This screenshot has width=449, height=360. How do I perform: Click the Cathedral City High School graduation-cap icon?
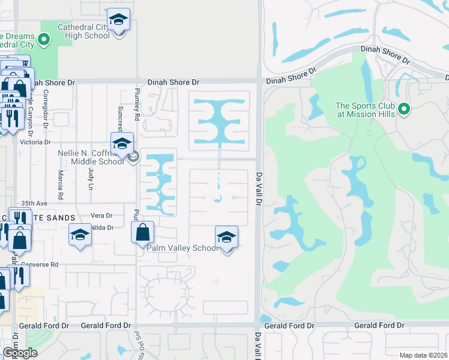[119, 20]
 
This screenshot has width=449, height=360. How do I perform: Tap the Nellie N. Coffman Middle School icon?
[122, 143]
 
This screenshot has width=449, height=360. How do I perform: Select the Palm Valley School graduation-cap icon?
[226, 236]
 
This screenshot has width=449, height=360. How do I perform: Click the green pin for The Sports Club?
[404, 109]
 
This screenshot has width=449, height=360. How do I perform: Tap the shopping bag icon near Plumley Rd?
[143, 232]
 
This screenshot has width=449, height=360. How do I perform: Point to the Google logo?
[20, 352]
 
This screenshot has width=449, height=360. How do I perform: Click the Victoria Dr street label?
[35, 142]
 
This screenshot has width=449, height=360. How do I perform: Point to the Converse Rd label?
[40, 264]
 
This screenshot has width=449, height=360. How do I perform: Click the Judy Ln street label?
[91, 179]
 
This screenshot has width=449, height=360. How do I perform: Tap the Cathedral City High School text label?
[83, 31]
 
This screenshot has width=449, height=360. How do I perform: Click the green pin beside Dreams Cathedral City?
[43, 40]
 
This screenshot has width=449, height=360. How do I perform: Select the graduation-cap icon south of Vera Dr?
[80, 236]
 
